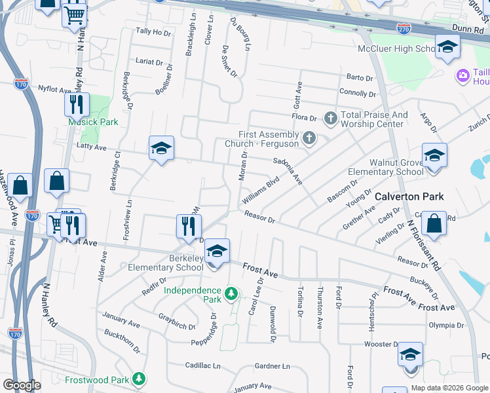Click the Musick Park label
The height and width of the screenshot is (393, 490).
(x=93, y=122)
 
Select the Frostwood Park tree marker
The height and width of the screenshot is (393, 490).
(x=138, y=379)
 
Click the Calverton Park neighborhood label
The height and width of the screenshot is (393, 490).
(x=409, y=196)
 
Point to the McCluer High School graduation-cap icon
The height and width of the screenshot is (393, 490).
(x=447, y=47)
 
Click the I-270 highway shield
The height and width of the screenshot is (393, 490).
(x=404, y=28)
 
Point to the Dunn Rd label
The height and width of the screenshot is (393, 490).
(x=467, y=28)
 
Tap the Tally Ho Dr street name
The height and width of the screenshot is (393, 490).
(x=153, y=31)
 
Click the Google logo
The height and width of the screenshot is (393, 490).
(x=22, y=385)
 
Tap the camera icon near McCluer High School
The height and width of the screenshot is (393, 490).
(x=463, y=75)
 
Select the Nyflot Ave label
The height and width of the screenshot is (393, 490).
(x=54, y=88)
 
